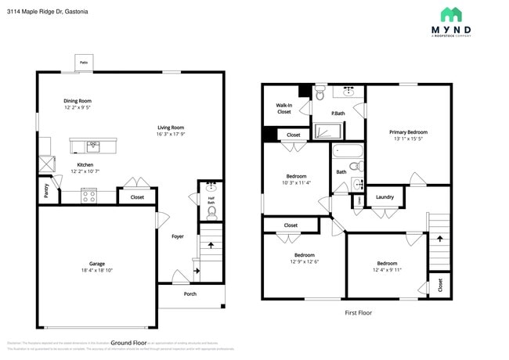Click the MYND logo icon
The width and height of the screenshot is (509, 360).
[x=450, y=14]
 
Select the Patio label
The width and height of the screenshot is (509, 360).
[x=83, y=62]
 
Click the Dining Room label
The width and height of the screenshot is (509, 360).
[x=78, y=101]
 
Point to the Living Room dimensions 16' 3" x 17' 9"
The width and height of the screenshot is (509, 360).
[x=171, y=134]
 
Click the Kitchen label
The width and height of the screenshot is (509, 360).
[x=85, y=164]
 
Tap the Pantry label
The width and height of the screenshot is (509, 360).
[x=46, y=191]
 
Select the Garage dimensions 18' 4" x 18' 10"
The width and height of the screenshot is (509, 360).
[x=97, y=271]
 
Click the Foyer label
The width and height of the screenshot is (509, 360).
[x=178, y=236]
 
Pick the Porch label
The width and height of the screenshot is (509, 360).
[x=190, y=294]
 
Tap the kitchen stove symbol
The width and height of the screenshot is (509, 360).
[x=89, y=196]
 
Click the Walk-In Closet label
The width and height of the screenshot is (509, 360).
[x=283, y=109]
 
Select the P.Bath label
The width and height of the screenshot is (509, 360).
[x=338, y=113]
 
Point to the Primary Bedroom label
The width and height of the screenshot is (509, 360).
[x=408, y=132]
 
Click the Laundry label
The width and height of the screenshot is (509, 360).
[x=384, y=196]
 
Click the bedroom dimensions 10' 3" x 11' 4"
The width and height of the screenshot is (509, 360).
[x=296, y=183]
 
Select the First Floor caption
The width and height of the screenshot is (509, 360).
[x=358, y=312]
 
